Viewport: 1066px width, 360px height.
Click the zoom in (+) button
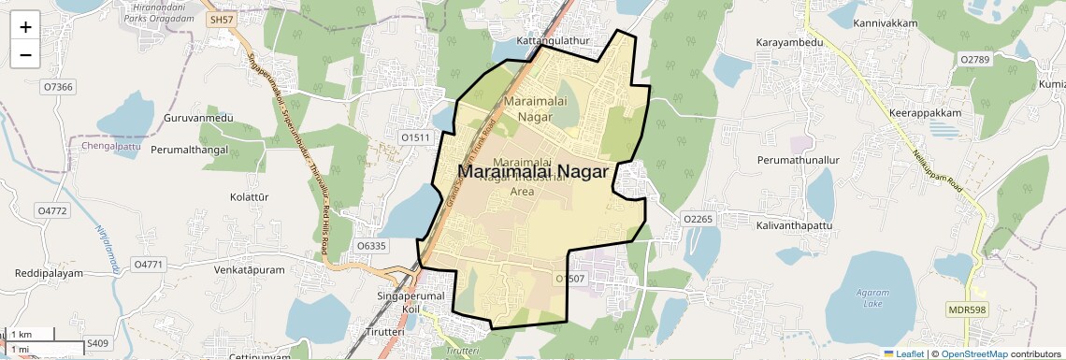point(25,26)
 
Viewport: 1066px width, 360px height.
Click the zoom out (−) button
point(25,54)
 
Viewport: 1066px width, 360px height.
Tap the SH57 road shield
point(221,20)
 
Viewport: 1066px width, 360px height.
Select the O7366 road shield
point(57,87)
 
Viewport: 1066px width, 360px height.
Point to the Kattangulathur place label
point(555,42)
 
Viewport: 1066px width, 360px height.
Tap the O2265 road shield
point(699,219)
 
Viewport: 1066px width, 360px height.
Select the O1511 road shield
point(415,137)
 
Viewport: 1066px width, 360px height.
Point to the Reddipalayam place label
point(49,273)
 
